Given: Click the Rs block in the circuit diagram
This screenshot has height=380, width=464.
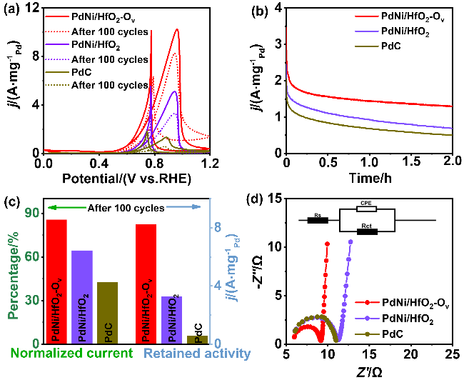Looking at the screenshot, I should [317, 220].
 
